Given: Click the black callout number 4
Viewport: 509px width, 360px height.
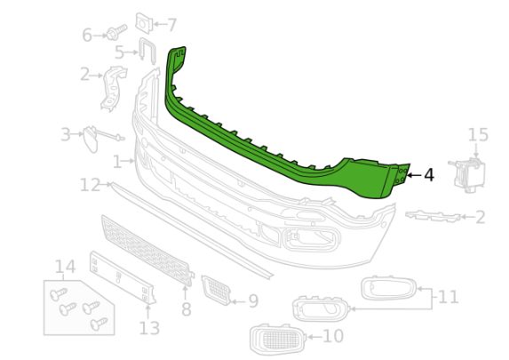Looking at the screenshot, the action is [x=429, y=175].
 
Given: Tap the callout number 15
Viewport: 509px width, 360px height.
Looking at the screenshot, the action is [x=478, y=135].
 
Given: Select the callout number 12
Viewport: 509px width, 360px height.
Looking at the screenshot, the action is [x=90, y=185].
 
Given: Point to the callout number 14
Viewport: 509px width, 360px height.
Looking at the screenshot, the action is [x=65, y=267].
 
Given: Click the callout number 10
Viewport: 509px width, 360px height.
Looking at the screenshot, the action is [x=333, y=336].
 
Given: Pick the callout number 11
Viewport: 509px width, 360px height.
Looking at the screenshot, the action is [x=448, y=296].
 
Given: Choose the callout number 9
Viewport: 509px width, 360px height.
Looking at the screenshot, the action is [x=253, y=301].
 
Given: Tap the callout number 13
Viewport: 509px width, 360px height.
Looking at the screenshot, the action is [x=149, y=328].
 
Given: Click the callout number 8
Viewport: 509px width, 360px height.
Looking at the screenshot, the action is [x=186, y=309].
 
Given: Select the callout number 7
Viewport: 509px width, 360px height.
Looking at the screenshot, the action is [x=171, y=25].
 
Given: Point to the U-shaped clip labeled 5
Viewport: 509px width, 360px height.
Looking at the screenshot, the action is [x=147, y=51].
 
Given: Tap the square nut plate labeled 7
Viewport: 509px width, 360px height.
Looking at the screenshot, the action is [x=144, y=23].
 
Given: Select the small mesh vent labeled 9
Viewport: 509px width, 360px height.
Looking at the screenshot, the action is [x=216, y=290].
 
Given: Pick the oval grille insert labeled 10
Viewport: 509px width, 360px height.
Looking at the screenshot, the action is [x=278, y=340].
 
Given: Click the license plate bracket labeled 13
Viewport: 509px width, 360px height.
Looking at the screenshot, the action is [x=123, y=277].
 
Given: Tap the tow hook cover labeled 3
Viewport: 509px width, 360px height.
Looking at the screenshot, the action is [x=91, y=139].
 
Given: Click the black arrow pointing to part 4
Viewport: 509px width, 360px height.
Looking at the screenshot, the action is [x=414, y=175].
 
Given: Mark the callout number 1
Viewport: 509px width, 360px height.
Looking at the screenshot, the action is [x=117, y=162].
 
